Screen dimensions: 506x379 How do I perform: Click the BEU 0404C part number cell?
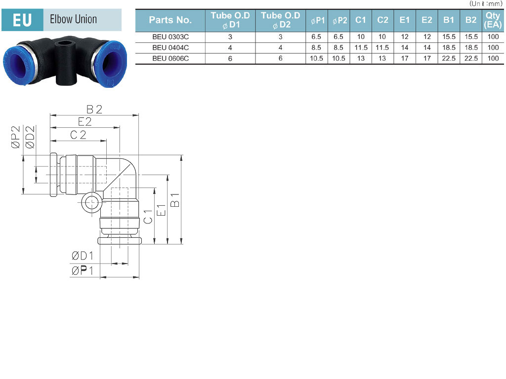[170, 48]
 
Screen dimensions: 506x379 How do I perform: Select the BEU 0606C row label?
[170, 58]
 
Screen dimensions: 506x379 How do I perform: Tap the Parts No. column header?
[170, 20]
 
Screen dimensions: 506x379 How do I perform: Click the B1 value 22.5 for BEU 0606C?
[449, 58]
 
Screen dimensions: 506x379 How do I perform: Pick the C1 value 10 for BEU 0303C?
[360, 37]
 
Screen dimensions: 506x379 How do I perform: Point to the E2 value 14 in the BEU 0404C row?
[426, 48]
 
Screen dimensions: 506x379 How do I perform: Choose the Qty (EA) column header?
[493, 20]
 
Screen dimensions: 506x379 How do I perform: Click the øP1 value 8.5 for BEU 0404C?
[316, 48]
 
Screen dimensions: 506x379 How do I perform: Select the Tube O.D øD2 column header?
[281, 20]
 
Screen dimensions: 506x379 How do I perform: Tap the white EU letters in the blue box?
[22, 20]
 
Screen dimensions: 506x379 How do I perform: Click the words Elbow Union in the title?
[73, 19]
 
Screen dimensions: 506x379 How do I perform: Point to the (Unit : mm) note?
[486, 3]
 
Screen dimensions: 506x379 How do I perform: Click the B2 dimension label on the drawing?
[94, 110]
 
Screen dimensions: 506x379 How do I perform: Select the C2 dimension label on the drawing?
[79, 135]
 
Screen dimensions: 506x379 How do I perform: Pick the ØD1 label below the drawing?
[83, 256]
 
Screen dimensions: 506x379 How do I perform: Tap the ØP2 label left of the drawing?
[15, 137]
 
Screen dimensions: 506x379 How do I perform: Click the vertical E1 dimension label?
[161, 210]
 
